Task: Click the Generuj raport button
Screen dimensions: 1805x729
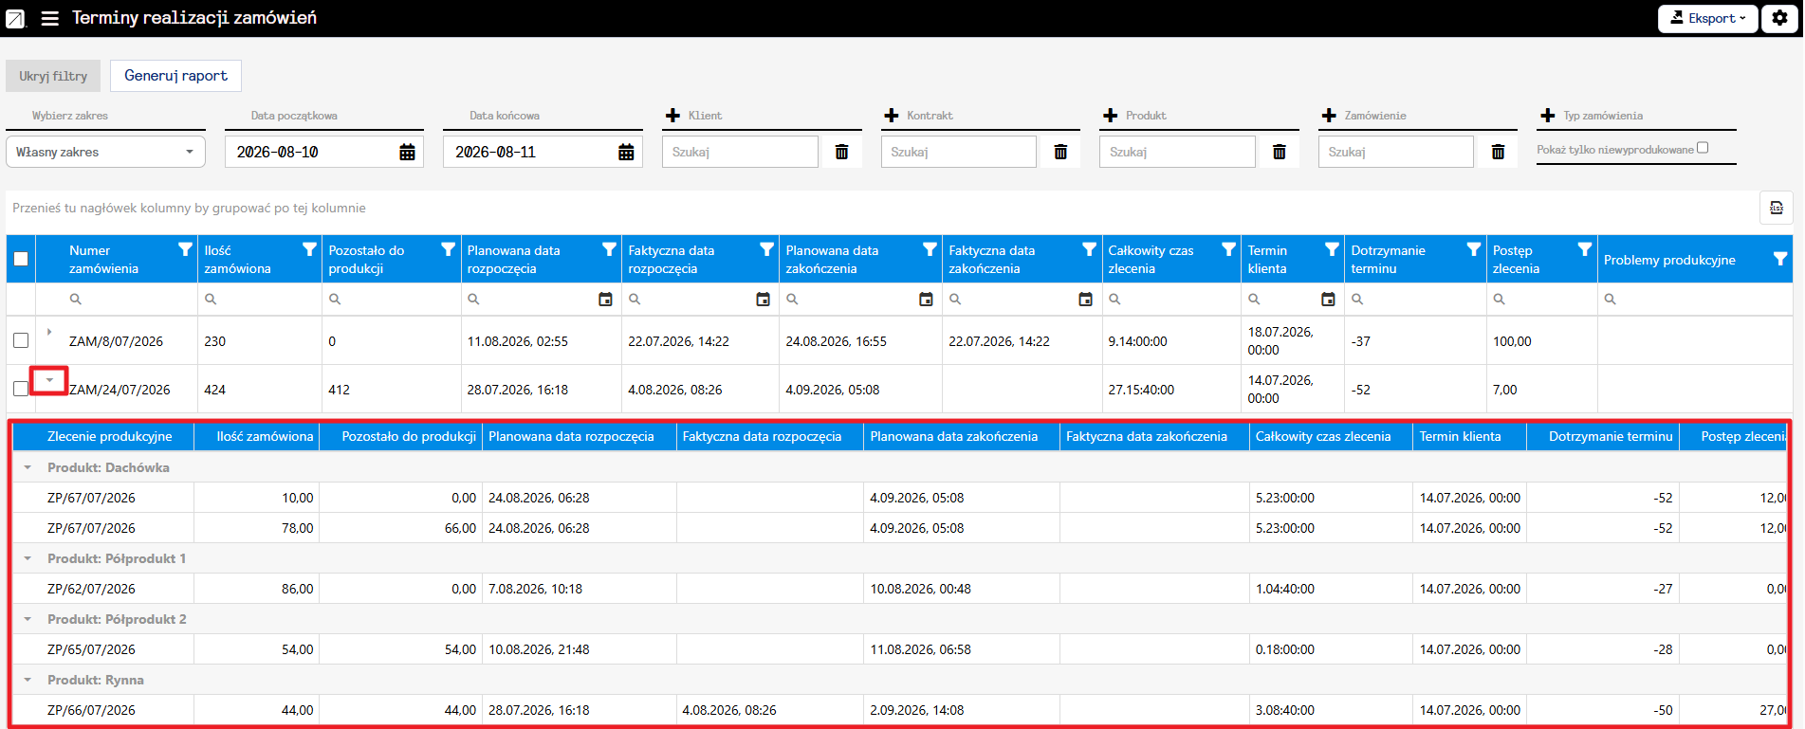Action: pyautogui.click(x=175, y=76)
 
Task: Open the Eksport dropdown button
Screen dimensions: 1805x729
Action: pyautogui.click(x=1707, y=18)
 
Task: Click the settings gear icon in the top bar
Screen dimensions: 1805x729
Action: pyautogui.click(x=1780, y=18)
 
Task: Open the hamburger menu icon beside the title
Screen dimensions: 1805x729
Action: pyautogui.click(x=50, y=18)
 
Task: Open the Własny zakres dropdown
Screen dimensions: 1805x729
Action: pyautogui.click(x=105, y=152)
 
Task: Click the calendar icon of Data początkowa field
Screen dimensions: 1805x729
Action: pyautogui.click(x=407, y=152)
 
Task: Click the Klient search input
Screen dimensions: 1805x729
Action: pyautogui.click(x=740, y=152)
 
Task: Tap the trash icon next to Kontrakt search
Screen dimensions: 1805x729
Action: pyautogui.click(x=1060, y=152)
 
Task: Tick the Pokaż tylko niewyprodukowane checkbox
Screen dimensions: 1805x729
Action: pyautogui.click(x=1703, y=148)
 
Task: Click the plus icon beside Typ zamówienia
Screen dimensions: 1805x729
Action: pyautogui.click(x=1548, y=116)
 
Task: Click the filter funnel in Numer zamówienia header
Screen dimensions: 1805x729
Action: pyautogui.click(x=185, y=249)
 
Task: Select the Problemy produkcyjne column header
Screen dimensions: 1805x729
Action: pyautogui.click(x=1669, y=260)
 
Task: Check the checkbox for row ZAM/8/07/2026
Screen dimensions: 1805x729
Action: pyautogui.click(x=21, y=340)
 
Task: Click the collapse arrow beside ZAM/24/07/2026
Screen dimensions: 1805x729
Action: pyautogui.click(x=49, y=380)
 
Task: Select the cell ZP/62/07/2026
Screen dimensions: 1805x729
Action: pyautogui.click(x=91, y=589)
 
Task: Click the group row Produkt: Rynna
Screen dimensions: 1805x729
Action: pyautogui.click(x=96, y=680)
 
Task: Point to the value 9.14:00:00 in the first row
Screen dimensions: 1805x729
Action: pyautogui.click(x=1137, y=341)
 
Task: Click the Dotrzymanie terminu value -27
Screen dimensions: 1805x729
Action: pyautogui.click(x=1663, y=589)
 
